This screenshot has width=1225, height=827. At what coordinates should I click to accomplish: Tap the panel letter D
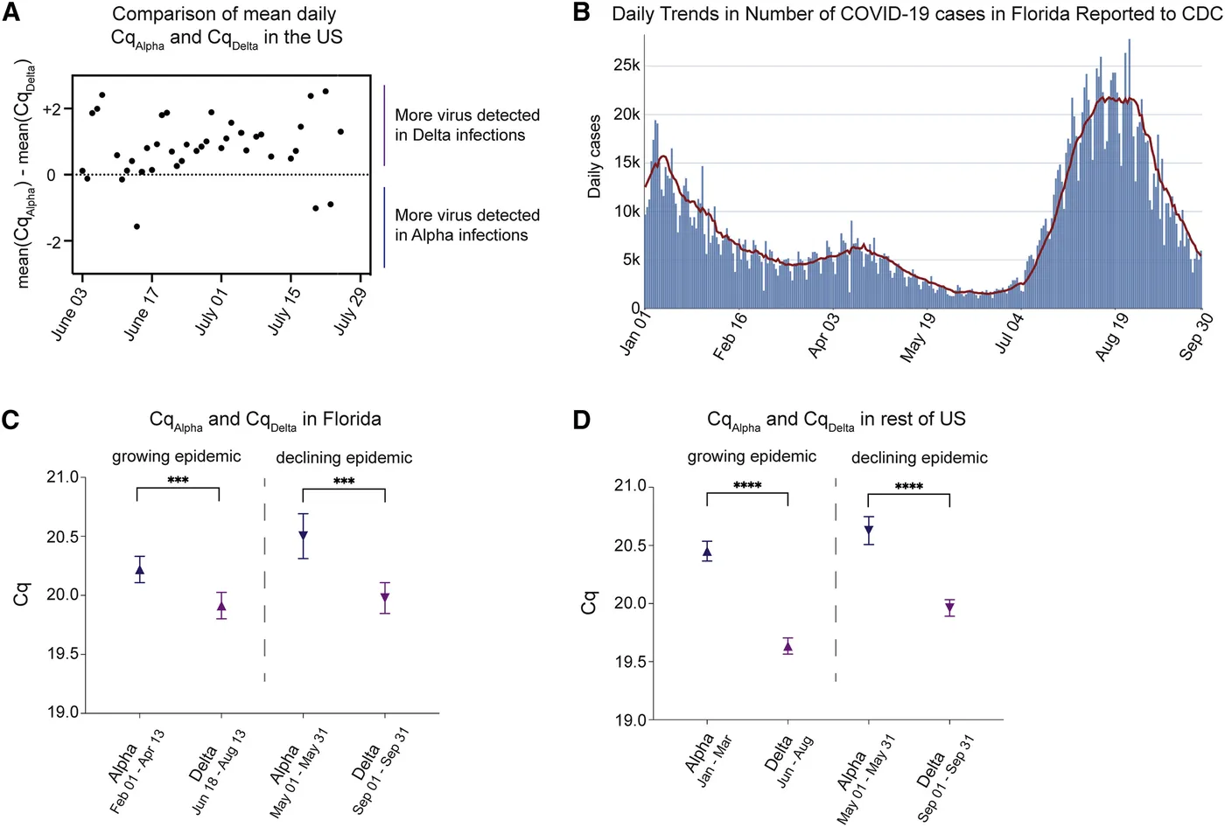pos(582,420)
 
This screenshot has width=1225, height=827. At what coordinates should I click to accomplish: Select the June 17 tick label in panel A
pos(143,313)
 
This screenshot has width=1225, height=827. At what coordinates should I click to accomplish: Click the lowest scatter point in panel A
pos(136,226)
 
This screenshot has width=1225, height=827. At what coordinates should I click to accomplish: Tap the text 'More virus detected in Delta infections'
pos(466,125)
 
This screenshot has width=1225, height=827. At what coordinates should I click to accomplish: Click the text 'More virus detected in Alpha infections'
pos(466,225)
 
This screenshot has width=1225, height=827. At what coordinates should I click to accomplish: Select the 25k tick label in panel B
pos(626,66)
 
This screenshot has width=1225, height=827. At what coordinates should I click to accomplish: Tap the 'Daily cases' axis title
pos(595,156)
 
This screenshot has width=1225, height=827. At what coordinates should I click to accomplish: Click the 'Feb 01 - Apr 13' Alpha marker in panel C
pos(139,570)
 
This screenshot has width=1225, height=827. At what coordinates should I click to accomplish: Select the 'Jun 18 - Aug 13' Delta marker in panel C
pos(221,606)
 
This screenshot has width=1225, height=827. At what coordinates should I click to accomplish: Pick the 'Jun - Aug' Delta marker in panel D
pos(787,646)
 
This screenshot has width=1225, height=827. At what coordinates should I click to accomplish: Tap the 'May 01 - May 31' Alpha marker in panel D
pos(869,530)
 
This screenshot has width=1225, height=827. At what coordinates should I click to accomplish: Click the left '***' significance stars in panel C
pos(178,481)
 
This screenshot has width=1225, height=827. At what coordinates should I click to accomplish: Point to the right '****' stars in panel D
pos(908,487)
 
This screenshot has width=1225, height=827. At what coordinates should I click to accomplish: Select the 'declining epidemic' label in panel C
pos(344,457)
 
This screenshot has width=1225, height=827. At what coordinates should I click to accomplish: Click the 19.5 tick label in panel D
pos(629,662)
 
